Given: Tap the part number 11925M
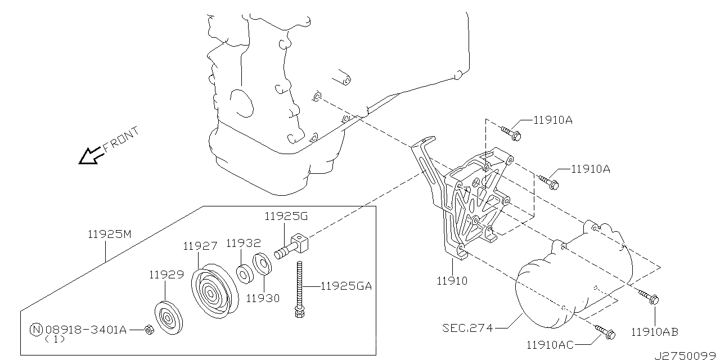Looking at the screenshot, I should pyautogui.click(x=109, y=235).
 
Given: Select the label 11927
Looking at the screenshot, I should pyautogui.click(x=199, y=246).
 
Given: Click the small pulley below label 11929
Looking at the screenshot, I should pyautogui.click(x=167, y=319).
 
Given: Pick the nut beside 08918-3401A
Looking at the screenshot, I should pyautogui.click(x=148, y=330).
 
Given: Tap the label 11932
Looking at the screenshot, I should pyautogui.click(x=243, y=243).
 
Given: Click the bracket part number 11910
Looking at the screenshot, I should pyautogui.click(x=452, y=280).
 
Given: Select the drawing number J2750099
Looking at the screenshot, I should pyautogui.click(x=686, y=355).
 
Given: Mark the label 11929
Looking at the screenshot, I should pyautogui.click(x=166, y=274).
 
